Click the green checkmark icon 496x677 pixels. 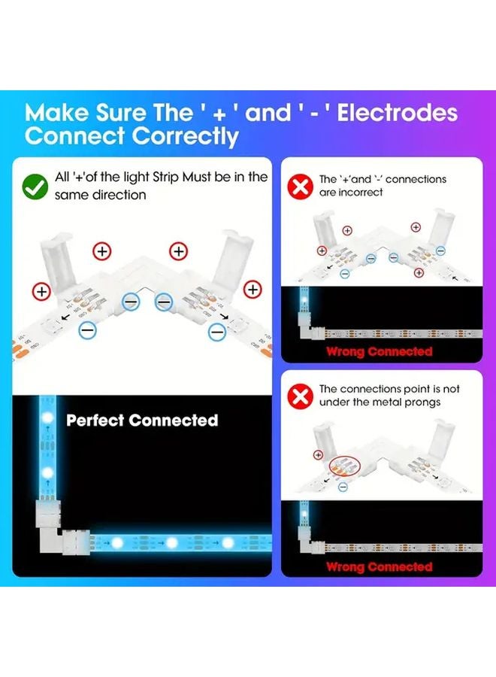[35, 187]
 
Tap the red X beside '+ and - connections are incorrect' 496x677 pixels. [300, 187]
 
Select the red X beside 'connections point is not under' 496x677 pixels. [300, 396]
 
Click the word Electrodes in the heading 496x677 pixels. [398, 113]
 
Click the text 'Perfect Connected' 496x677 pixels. [142, 420]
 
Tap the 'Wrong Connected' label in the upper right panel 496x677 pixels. [379, 351]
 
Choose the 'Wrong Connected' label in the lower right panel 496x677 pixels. [379, 566]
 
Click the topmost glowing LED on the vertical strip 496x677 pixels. [47, 417]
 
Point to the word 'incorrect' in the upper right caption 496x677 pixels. [361, 192]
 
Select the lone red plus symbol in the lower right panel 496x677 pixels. [319, 454]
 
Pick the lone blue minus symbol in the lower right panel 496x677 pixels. [343, 487]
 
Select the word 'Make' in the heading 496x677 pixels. [57, 113]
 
